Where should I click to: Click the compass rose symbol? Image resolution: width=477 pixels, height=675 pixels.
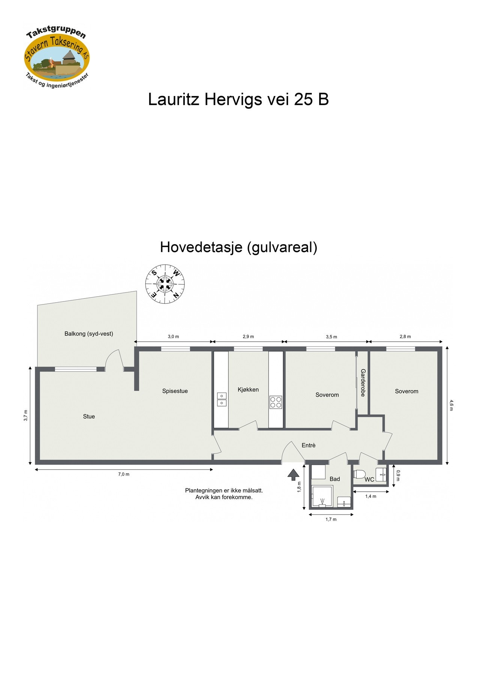[x=165, y=284]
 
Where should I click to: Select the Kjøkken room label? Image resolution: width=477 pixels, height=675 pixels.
[x=248, y=390]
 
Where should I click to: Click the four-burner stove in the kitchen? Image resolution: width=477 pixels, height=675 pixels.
[x=276, y=402]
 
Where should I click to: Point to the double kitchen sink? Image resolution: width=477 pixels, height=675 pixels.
[x=222, y=399]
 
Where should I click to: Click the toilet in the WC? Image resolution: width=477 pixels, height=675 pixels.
[x=359, y=474]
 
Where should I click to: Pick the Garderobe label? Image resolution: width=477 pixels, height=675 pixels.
[x=363, y=382]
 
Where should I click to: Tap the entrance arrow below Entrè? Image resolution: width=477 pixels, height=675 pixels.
[x=293, y=475]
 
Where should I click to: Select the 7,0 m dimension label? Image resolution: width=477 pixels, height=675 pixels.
[x=124, y=474]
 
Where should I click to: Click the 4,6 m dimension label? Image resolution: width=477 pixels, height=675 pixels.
[x=451, y=405]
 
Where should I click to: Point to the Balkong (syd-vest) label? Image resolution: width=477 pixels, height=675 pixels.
[x=88, y=334]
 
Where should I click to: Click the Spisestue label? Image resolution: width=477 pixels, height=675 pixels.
[x=175, y=391]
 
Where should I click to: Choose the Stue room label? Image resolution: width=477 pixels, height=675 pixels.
[x=89, y=417]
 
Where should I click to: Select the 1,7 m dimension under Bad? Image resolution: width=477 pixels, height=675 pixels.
[x=331, y=519]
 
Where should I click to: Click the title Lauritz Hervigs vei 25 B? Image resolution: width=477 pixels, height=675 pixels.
[x=238, y=100]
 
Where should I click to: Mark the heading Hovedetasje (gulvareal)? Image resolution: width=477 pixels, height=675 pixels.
[x=238, y=247]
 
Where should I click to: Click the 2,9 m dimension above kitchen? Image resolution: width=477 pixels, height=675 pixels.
[x=248, y=337]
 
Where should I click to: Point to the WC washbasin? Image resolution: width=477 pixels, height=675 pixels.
[x=381, y=474]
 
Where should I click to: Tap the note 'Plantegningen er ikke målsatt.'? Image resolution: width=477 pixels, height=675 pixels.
[x=224, y=490]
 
